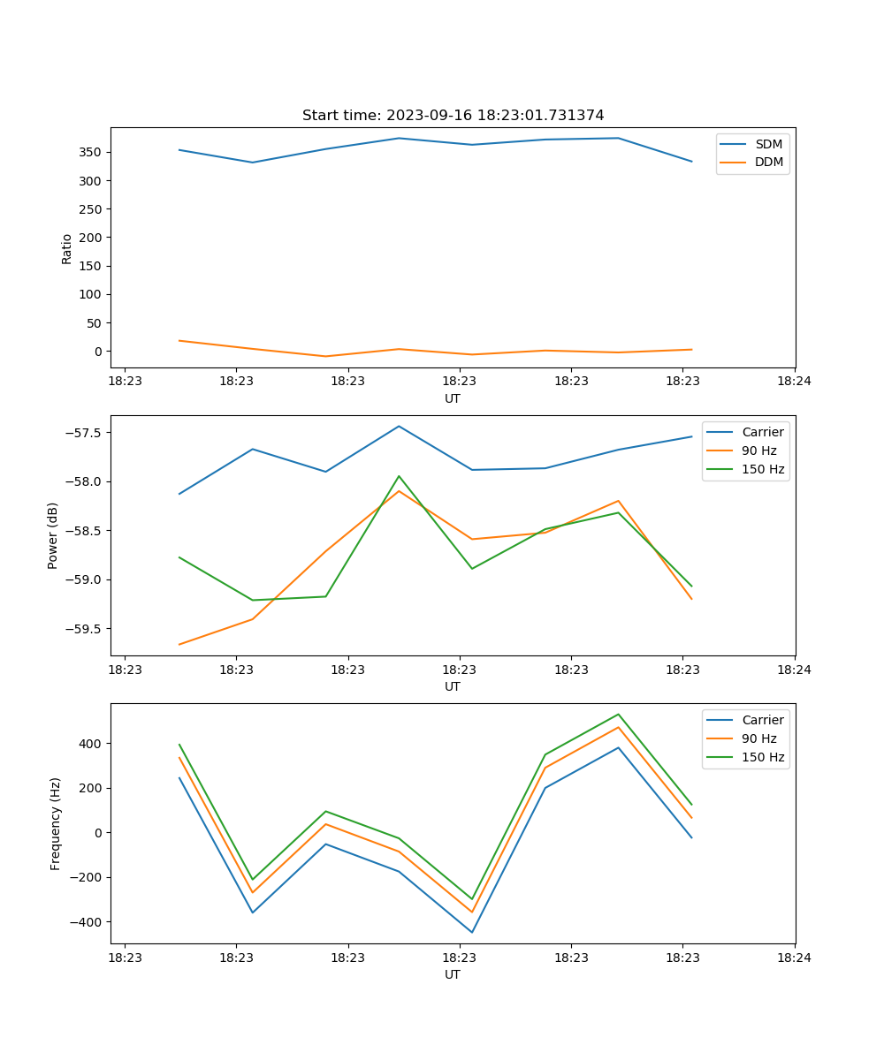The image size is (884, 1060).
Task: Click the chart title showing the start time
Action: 453,116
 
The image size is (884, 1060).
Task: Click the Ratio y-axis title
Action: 67,248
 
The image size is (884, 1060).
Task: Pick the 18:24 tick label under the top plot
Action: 794,382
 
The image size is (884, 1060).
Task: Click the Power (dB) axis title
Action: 53,535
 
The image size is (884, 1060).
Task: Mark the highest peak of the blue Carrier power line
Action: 399,426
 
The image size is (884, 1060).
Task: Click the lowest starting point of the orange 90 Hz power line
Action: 179,645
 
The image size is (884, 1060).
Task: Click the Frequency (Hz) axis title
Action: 56,823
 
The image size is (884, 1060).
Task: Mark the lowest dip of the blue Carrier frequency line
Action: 472,932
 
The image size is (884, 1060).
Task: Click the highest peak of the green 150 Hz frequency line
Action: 618,714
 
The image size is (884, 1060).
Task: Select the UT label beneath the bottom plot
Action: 453,974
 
